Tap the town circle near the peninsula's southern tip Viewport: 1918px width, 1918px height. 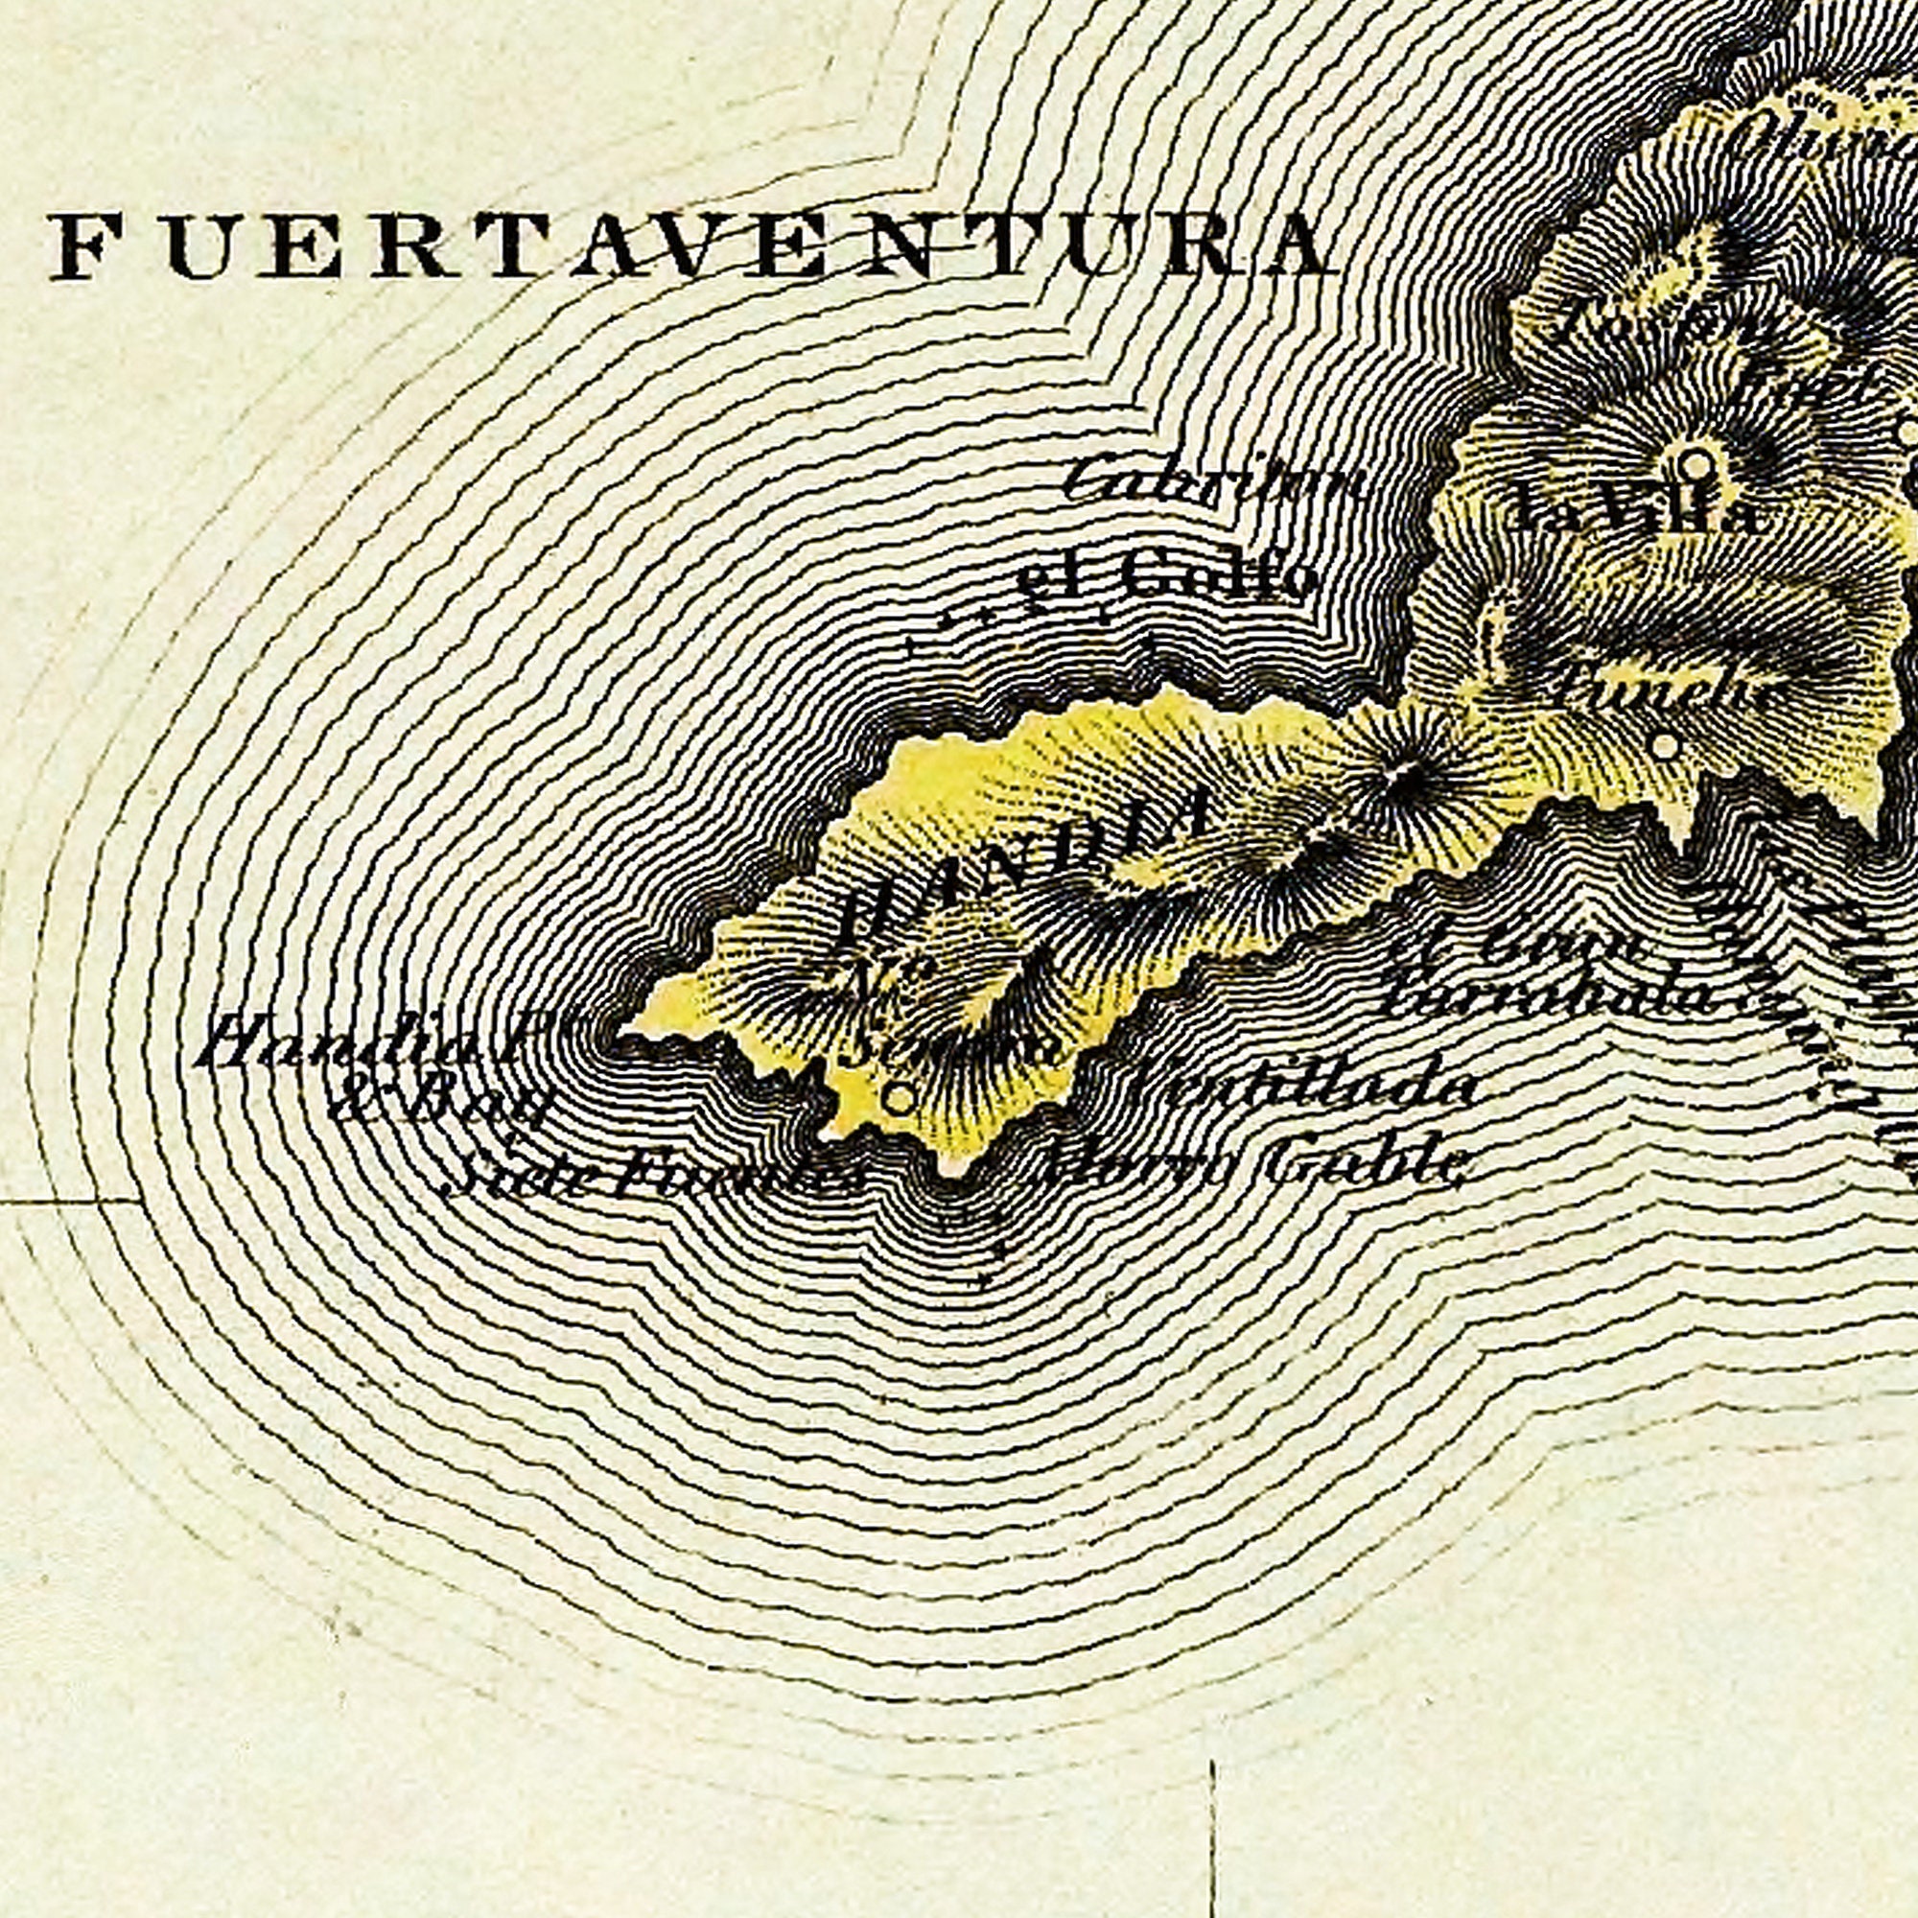click(899, 1099)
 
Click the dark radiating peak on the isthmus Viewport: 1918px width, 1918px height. click(1403, 778)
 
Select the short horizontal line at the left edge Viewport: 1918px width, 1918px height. click(69, 1202)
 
